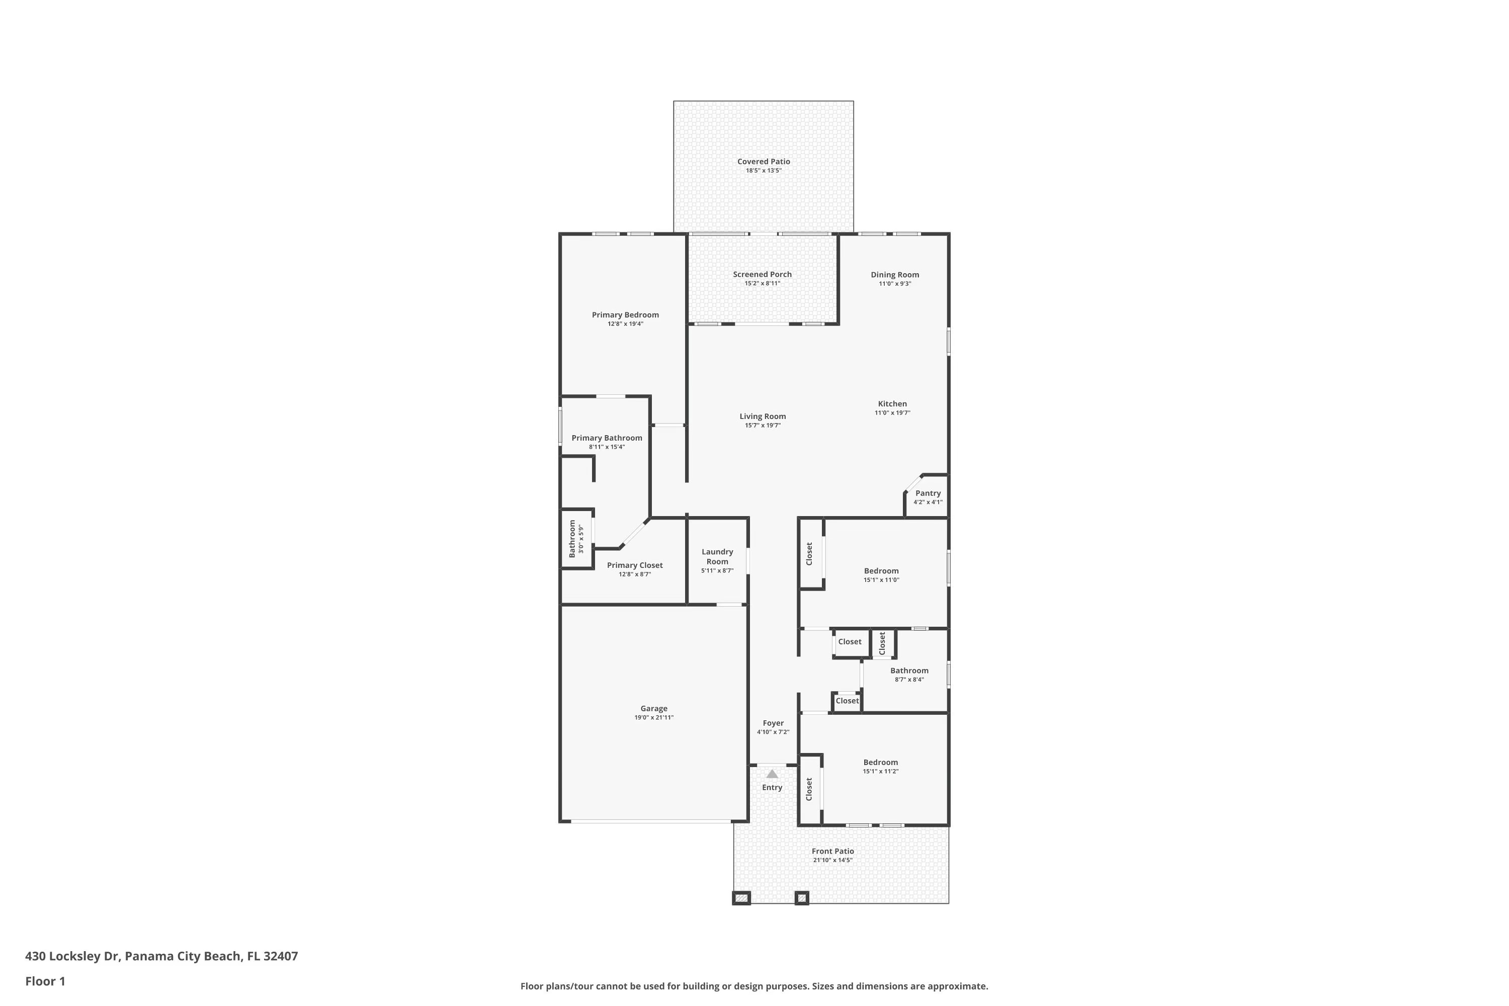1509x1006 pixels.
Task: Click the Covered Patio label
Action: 763,161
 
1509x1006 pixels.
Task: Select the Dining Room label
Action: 894,275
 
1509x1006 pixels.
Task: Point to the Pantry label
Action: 928,493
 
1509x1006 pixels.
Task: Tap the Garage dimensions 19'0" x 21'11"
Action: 654,718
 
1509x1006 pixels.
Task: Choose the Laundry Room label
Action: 717,556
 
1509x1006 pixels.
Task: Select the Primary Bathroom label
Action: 606,438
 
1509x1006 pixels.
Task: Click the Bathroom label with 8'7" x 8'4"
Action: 908,670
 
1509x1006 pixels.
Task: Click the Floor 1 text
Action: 45,981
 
